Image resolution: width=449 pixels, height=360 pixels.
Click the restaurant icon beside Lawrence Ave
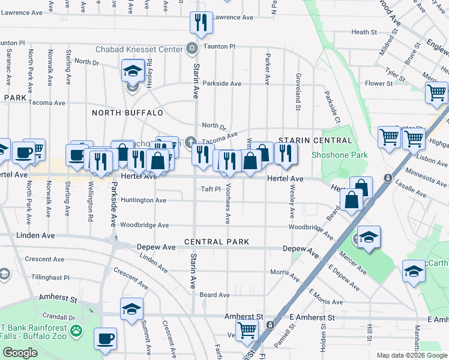coord(200,23)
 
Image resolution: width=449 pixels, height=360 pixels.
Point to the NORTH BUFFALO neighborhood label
coord(127,113)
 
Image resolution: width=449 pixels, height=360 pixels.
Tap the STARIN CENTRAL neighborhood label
coord(315,140)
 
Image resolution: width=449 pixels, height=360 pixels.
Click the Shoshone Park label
coord(339,155)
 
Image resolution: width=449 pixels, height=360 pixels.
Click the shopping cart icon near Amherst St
coord(247,329)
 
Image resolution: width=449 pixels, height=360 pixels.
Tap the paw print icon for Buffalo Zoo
coord(76,330)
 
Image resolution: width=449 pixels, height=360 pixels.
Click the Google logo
coord(20,353)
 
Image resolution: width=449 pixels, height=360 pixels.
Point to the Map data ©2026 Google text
coord(411,355)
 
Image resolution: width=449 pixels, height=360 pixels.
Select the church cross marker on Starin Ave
coord(191,142)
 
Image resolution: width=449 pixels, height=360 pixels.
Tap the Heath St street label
coord(364,32)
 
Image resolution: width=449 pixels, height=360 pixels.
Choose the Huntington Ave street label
coord(143,200)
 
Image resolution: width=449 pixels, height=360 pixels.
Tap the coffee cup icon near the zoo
coord(106,338)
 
